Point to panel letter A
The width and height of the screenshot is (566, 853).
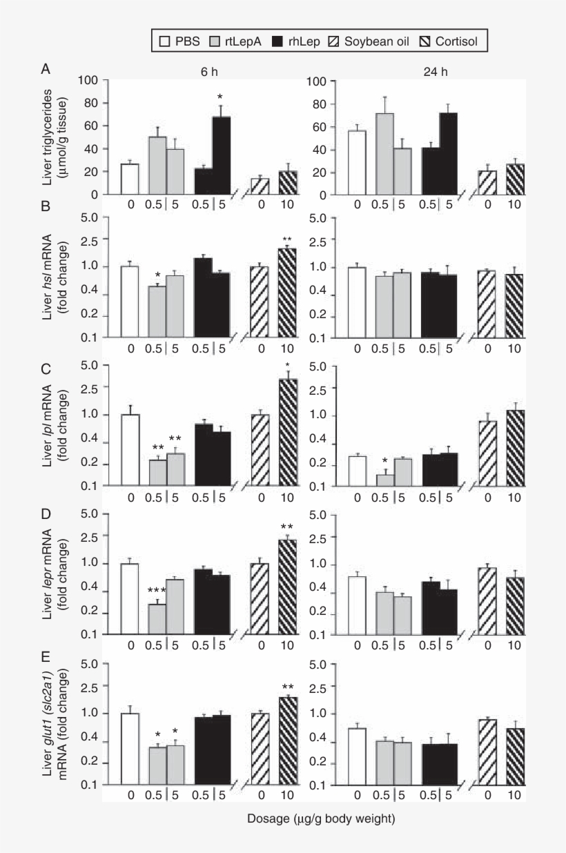[46, 69]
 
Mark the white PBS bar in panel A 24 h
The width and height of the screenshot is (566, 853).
[357, 162]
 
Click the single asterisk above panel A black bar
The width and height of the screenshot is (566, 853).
[220, 97]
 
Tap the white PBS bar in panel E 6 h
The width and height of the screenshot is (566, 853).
[130, 749]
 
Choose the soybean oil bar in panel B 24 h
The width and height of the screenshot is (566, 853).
[487, 304]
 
